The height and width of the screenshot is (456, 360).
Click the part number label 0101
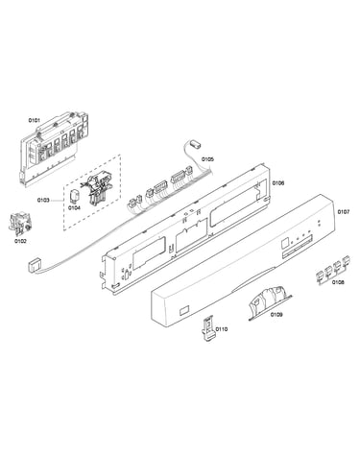pos(35,120)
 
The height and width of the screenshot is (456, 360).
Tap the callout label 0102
pos(20,241)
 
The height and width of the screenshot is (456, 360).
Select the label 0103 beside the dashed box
pos(43,201)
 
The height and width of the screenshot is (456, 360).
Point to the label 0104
pos(74,207)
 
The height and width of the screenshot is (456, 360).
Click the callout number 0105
pos(207,159)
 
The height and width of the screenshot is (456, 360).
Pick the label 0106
pos(278,183)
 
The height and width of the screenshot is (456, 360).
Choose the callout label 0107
pos(344,212)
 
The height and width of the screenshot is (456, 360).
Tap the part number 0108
pos(338,282)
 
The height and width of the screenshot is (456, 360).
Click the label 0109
pos(276,315)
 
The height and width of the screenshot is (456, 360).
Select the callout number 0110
pos(222,329)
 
